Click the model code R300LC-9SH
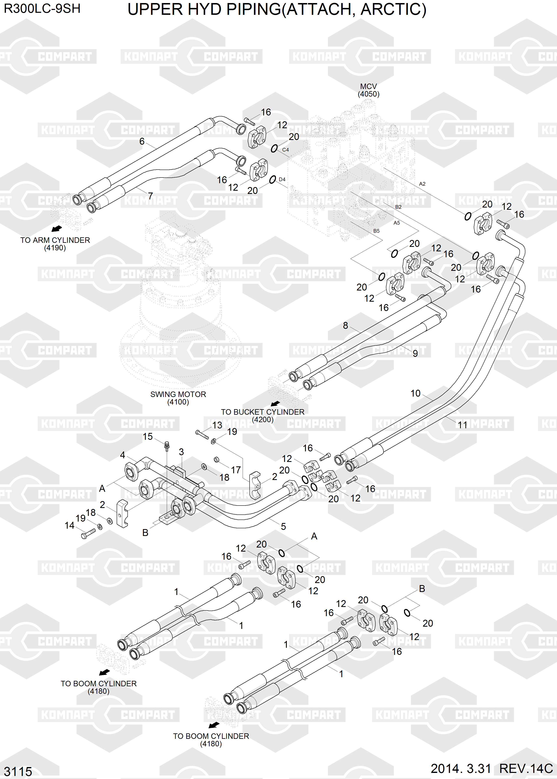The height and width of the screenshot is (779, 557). click(x=42, y=9)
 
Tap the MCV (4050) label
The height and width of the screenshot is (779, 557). click(x=368, y=90)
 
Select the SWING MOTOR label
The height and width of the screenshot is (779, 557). click(x=178, y=394)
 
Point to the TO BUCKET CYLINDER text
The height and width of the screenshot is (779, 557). click(x=262, y=412)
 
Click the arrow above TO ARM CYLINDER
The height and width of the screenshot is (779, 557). click(x=57, y=229)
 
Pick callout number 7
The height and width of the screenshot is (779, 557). click(x=150, y=196)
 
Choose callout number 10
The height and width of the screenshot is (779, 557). click(x=415, y=393)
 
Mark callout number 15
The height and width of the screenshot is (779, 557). click(x=148, y=437)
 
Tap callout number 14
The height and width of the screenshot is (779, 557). click(x=70, y=525)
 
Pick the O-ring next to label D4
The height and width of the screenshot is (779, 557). click(x=273, y=180)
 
